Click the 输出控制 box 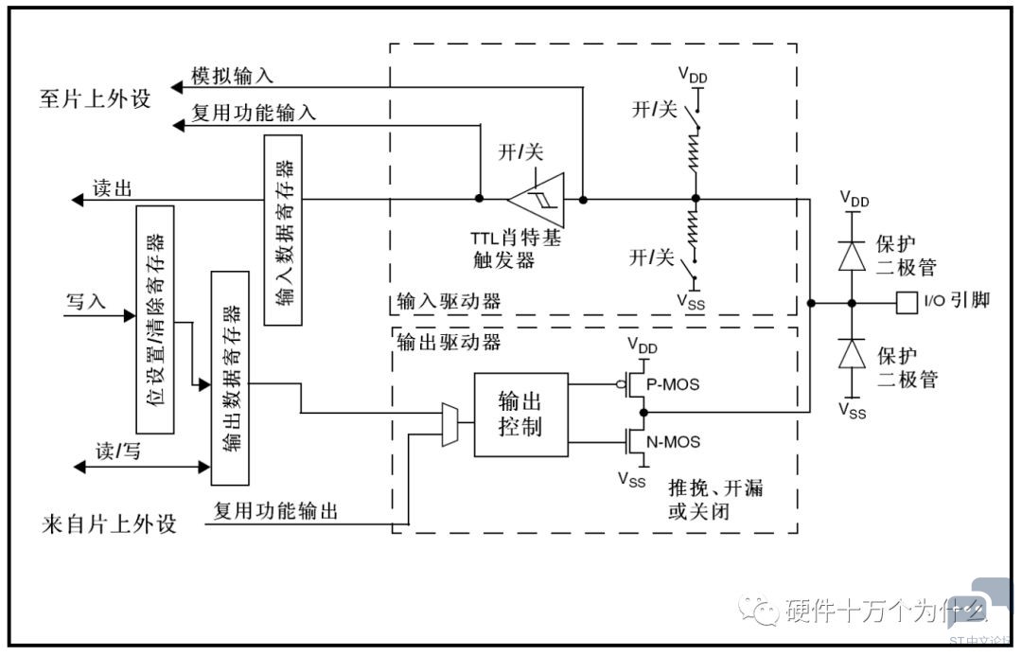click(520, 415)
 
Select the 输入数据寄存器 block click(284, 230)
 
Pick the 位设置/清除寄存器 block click(155, 318)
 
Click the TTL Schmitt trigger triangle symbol click(536, 199)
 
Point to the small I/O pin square click(906, 303)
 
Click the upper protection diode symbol click(853, 255)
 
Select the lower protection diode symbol click(853, 352)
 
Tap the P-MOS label click(673, 384)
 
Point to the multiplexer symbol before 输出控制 click(450, 423)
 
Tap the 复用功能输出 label click(274, 512)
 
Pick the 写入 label click(85, 302)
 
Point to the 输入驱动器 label click(445, 303)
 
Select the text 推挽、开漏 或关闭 click(715, 502)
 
